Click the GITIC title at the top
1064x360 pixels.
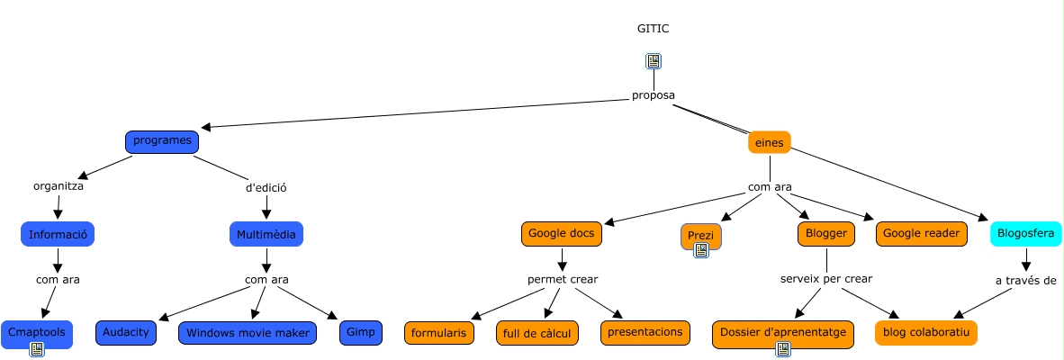653,29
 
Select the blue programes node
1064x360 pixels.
161,142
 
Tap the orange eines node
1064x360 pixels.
769,142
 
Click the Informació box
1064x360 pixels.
58,234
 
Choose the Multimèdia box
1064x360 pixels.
266,234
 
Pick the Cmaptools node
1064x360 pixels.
37,331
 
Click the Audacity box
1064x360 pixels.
126,332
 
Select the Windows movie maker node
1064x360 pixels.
248,333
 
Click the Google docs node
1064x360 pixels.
561,234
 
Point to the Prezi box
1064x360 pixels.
700,235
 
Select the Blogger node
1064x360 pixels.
825,234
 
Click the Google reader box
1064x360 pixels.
922,234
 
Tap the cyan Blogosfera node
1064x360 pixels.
1026,234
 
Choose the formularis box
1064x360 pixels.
438,333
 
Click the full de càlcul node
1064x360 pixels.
537,333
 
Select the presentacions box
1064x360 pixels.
645,332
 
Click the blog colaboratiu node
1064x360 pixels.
925,333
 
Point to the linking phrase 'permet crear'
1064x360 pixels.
562,279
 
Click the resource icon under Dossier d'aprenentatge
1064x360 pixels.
783,349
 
